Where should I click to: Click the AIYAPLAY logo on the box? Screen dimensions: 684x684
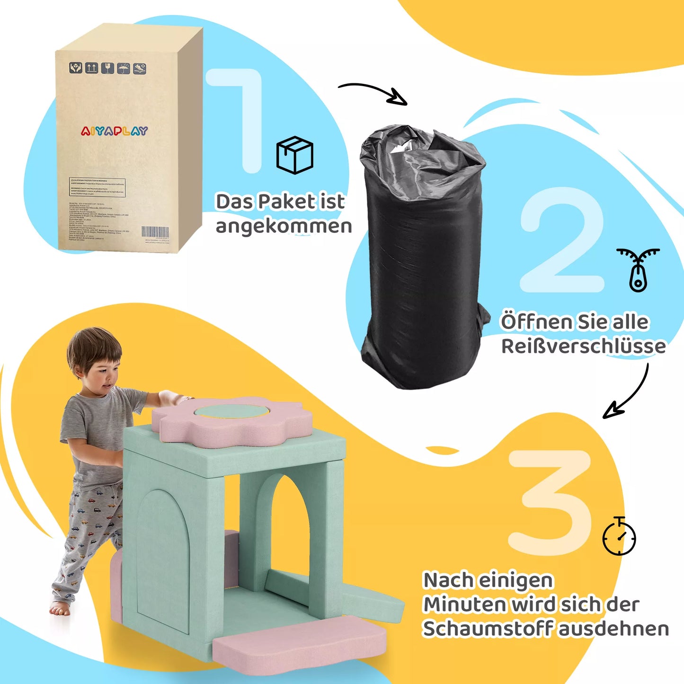pos(114,131)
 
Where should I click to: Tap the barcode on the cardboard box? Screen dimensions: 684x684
pos(155,232)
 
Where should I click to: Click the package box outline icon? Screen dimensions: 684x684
pos(294,155)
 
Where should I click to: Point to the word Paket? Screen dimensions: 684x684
pos(286,202)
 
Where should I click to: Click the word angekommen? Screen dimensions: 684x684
pos(284,226)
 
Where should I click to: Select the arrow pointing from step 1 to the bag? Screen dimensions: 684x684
pos(373,92)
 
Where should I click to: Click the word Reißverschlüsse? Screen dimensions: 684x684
pos(583,346)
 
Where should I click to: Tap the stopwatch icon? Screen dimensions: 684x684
pos(619,537)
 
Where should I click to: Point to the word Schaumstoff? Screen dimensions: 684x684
pos(488,629)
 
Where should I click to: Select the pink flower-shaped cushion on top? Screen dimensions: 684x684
pos(232,419)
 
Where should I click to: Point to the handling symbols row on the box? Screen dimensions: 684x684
pos(108,68)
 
